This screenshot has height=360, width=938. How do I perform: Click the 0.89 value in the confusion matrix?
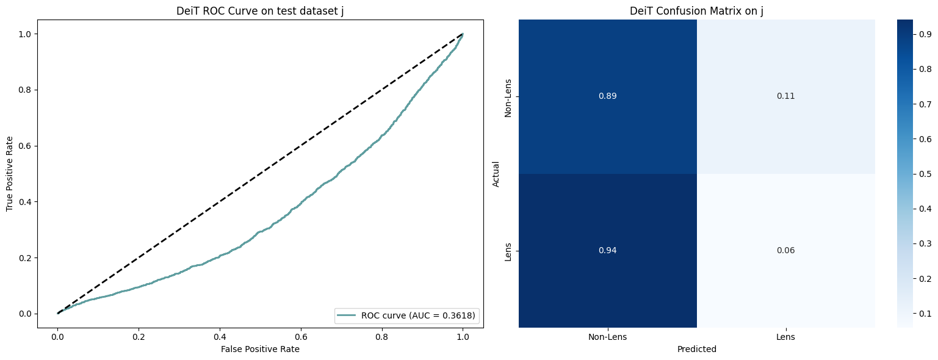608,96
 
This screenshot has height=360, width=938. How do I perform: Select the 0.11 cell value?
785,96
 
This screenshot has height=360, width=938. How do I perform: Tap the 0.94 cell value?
608,251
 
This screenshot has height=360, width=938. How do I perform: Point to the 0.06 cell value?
785,251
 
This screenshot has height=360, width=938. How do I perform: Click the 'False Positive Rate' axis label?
260,349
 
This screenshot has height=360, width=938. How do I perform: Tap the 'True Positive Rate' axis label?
10,174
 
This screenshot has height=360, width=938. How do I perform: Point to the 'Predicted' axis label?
696,349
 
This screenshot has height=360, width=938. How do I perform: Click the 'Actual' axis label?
496,174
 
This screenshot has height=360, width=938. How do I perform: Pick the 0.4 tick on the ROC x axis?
220,336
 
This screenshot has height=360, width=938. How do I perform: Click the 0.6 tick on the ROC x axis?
301,336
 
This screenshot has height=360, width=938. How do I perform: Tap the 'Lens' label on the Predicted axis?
785,337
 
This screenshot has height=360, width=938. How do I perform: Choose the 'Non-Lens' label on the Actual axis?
508,96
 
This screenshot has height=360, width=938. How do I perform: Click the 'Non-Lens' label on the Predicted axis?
608,337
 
